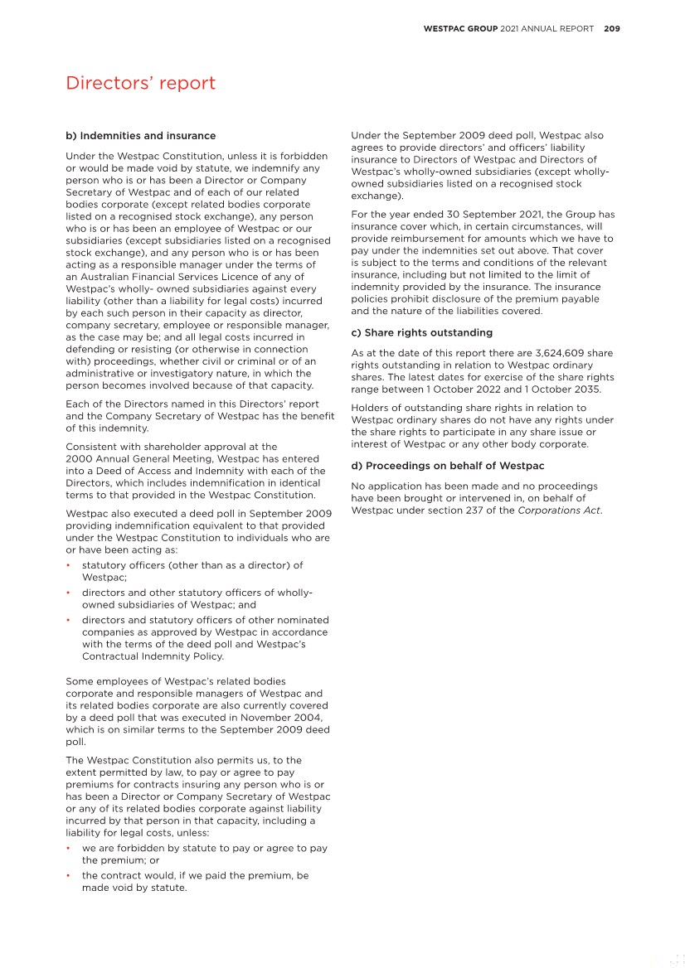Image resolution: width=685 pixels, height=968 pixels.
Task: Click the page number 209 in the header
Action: [x=612, y=28]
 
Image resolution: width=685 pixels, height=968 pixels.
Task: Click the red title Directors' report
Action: [x=140, y=83]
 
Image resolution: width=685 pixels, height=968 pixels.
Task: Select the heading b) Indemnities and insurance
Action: [x=140, y=136]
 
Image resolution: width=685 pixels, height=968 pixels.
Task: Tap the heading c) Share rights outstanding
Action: [x=421, y=332]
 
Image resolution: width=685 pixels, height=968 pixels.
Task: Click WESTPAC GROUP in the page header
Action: [x=460, y=28]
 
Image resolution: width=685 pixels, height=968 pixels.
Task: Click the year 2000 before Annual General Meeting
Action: [x=78, y=458]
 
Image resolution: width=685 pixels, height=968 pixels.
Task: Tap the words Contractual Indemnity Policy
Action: [x=153, y=656]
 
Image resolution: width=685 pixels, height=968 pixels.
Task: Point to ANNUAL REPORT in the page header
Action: [x=558, y=28]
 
